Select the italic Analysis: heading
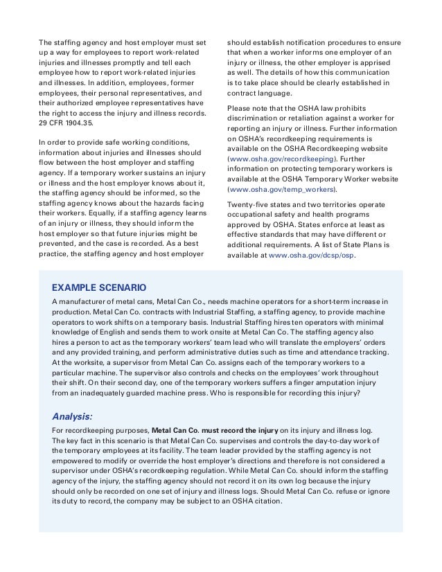[x=73, y=416]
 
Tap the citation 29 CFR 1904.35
[x=69, y=123]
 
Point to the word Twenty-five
[x=249, y=204]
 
